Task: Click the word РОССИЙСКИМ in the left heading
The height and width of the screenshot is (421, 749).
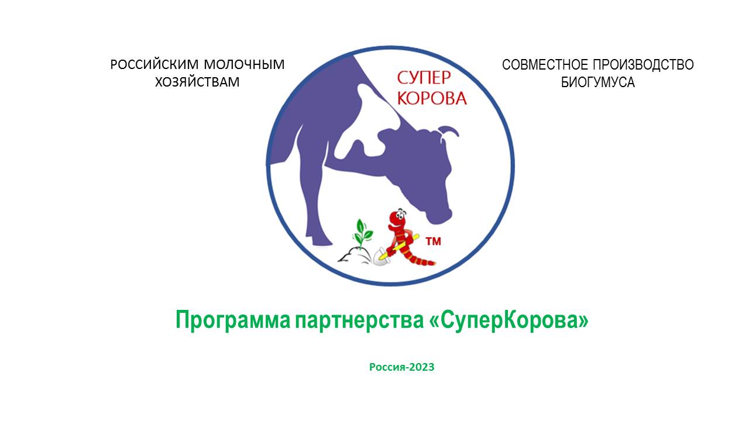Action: click(x=154, y=64)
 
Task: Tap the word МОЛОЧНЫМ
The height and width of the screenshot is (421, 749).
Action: click(x=244, y=64)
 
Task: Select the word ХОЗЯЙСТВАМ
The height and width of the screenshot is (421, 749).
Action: click(x=197, y=82)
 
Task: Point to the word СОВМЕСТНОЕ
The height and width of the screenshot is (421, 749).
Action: click(x=545, y=64)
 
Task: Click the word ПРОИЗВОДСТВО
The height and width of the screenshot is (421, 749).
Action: click(x=643, y=64)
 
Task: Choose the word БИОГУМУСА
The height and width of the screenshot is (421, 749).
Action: click(x=598, y=82)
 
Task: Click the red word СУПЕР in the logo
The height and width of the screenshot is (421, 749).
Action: click(x=424, y=78)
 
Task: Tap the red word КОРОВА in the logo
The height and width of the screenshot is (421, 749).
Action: click(x=432, y=98)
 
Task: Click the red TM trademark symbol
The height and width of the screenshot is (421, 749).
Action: click(x=433, y=241)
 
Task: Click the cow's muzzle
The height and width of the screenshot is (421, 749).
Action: click(x=439, y=216)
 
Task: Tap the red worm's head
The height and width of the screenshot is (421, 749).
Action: click(x=397, y=218)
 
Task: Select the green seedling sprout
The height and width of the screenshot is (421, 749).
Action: click(x=361, y=234)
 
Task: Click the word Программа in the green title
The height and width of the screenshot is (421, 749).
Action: click(x=233, y=320)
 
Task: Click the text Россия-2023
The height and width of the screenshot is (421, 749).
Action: click(x=401, y=367)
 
